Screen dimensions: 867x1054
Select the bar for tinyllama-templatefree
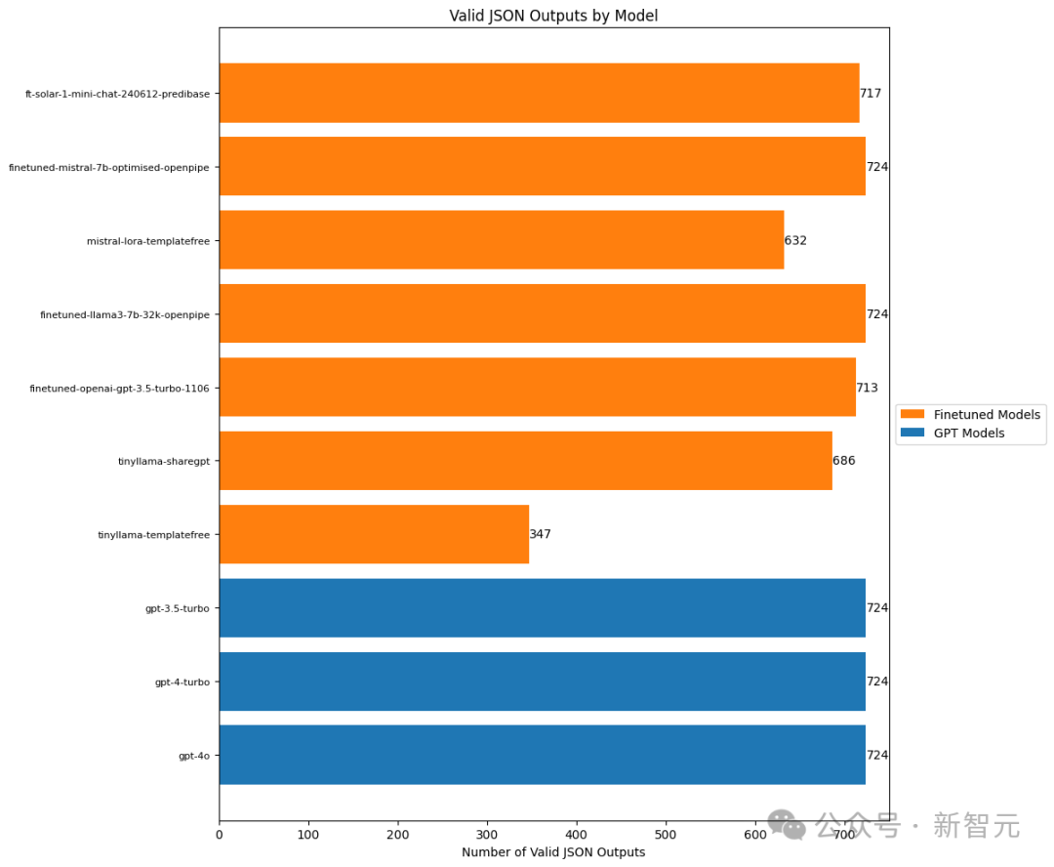[x=374, y=534]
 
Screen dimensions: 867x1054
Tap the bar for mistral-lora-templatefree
[x=502, y=240]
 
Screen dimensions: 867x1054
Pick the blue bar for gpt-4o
[x=542, y=755]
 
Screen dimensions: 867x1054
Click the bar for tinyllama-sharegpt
[x=525, y=461]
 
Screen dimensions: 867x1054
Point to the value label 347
[x=541, y=534]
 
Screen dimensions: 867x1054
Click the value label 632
[x=795, y=240]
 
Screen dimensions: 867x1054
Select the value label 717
[x=871, y=93]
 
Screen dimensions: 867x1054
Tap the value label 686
[x=844, y=461]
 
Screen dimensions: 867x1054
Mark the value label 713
[x=868, y=388]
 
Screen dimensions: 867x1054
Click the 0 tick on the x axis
[x=220, y=835]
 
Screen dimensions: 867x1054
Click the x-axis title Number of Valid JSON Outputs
[x=553, y=852]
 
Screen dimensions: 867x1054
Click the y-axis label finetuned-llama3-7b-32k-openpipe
[x=125, y=314]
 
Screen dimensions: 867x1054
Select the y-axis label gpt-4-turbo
[x=182, y=681]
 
